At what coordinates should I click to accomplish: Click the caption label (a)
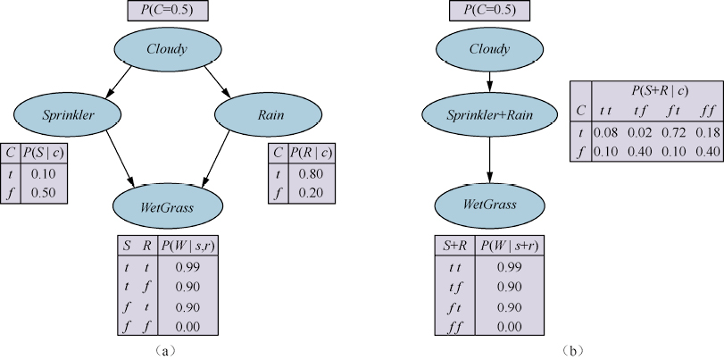(166, 350)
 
